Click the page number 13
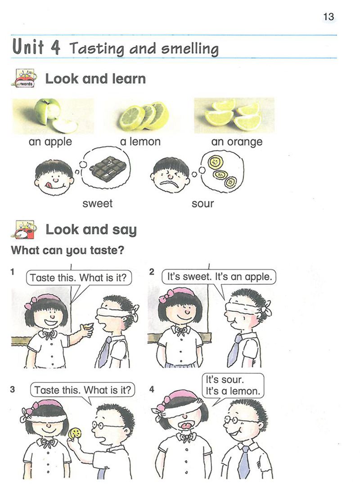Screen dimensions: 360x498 (328, 17)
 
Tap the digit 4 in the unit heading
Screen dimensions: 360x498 (55, 47)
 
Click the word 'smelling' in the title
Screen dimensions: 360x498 (190, 49)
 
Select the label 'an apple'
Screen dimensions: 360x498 (50, 142)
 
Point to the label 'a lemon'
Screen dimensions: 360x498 (140, 141)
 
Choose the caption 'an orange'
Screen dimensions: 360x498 (237, 142)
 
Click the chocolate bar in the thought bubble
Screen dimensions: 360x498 (108, 167)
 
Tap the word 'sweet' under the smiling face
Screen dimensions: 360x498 (98, 203)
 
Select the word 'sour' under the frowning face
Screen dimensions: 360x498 (202, 203)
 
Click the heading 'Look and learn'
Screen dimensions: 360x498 (95, 78)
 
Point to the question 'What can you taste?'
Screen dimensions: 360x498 (67, 250)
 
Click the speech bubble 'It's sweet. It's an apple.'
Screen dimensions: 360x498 (219, 277)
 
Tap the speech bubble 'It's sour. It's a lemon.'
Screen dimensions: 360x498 (233, 385)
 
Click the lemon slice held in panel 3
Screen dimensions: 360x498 (76, 433)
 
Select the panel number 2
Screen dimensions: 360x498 (152, 272)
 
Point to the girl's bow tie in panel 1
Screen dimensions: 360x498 (48, 335)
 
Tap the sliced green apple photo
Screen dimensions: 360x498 (53, 116)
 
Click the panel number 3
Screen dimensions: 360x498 (13, 389)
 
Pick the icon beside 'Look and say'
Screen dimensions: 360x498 (24, 229)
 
